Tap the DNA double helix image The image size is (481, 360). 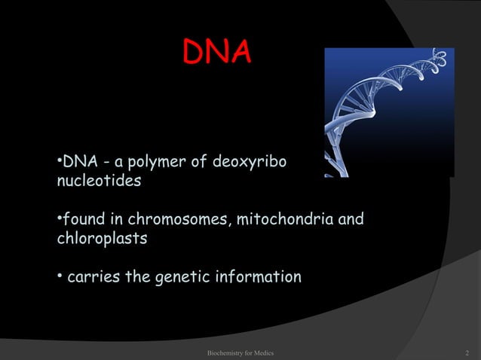[x=389, y=112]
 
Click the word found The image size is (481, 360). [x=85, y=221]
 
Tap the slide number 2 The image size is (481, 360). [x=468, y=352]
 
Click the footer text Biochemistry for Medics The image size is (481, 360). [x=240, y=352]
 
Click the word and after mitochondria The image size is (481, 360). [x=351, y=221]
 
